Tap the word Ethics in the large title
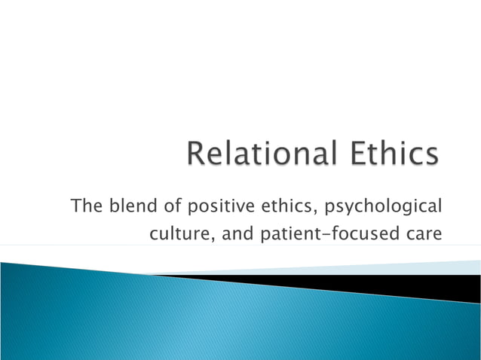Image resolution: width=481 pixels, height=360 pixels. pos(393,155)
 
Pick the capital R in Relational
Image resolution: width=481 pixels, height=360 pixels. pos(198,155)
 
